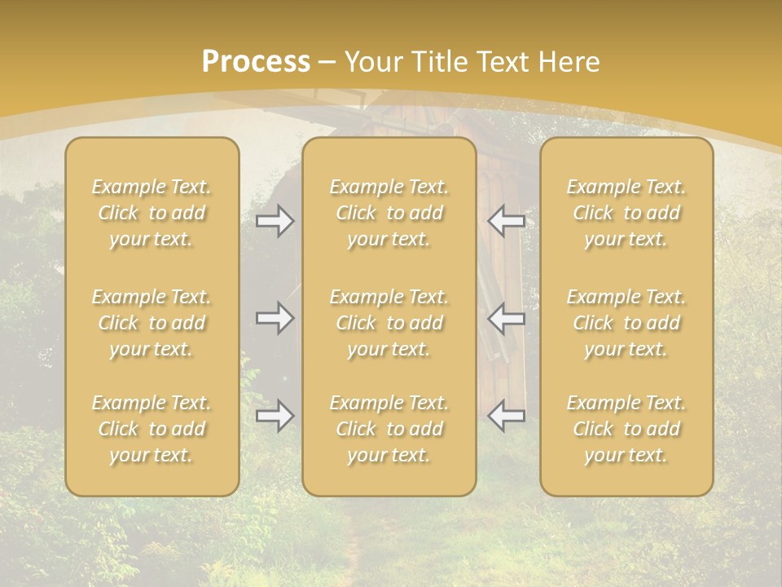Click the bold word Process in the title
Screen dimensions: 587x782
256,62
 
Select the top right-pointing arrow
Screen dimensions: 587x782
275,221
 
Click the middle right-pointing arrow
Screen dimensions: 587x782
275,318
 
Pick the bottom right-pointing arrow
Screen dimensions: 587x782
275,416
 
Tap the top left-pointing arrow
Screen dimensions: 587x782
507,221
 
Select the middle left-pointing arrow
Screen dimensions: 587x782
507,318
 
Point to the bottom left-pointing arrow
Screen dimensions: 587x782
507,416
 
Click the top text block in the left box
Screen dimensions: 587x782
152,213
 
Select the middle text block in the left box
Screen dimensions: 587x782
152,323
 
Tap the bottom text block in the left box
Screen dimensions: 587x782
152,429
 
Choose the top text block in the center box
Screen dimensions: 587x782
389,213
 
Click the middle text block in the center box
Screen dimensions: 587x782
389,323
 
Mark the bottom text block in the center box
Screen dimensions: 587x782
389,429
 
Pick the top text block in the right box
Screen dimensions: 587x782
626,213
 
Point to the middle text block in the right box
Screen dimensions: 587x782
626,323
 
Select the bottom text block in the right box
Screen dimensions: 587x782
626,429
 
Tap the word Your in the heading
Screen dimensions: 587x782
371,62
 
